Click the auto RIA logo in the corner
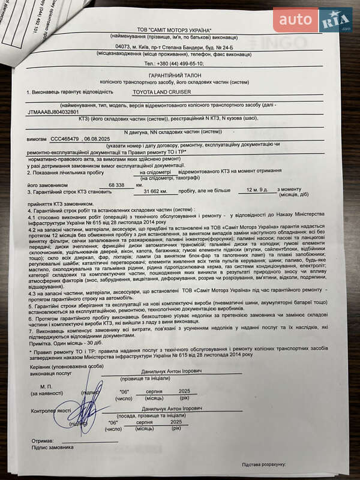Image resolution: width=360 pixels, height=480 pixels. click(312, 20)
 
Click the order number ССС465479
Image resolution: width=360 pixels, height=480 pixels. click(64, 139)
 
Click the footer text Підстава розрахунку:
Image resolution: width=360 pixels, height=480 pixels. click(264, 464)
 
